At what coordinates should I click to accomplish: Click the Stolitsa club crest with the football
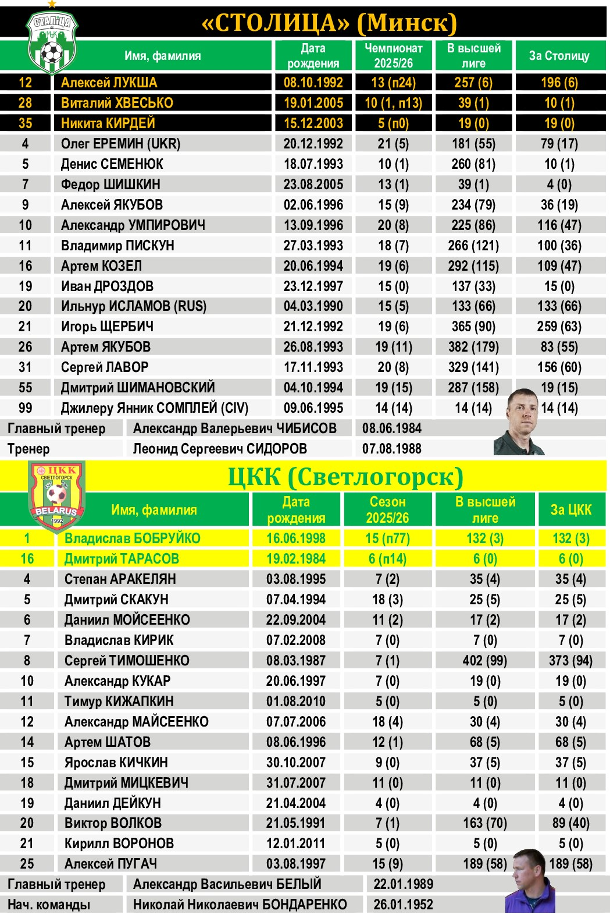click(52, 42)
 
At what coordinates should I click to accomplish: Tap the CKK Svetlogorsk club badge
click(56, 495)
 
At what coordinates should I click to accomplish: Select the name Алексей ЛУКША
click(109, 83)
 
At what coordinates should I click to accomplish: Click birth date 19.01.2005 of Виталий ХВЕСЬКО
click(313, 103)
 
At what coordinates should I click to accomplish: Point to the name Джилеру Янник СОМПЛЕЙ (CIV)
click(155, 408)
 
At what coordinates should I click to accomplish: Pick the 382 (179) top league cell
click(473, 347)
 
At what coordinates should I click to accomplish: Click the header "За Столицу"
click(559, 56)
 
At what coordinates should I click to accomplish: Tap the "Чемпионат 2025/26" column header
click(393, 56)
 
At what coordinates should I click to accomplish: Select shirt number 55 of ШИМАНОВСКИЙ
click(25, 388)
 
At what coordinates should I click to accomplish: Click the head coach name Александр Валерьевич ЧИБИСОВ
click(234, 428)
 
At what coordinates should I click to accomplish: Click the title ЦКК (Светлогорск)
click(345, 477)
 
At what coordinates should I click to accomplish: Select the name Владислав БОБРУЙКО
click(133, 539)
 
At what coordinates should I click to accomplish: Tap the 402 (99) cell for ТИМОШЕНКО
click(485, 661)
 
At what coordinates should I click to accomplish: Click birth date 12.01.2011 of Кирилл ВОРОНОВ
click(296, 844)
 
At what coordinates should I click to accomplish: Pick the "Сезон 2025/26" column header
click(387, 509)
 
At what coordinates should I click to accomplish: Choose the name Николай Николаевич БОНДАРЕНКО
click(240, 905)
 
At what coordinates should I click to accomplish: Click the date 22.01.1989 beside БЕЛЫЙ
click(403, 884)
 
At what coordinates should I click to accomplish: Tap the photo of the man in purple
click(530, 882)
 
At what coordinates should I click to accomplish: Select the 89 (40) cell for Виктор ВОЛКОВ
click(570, 823)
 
